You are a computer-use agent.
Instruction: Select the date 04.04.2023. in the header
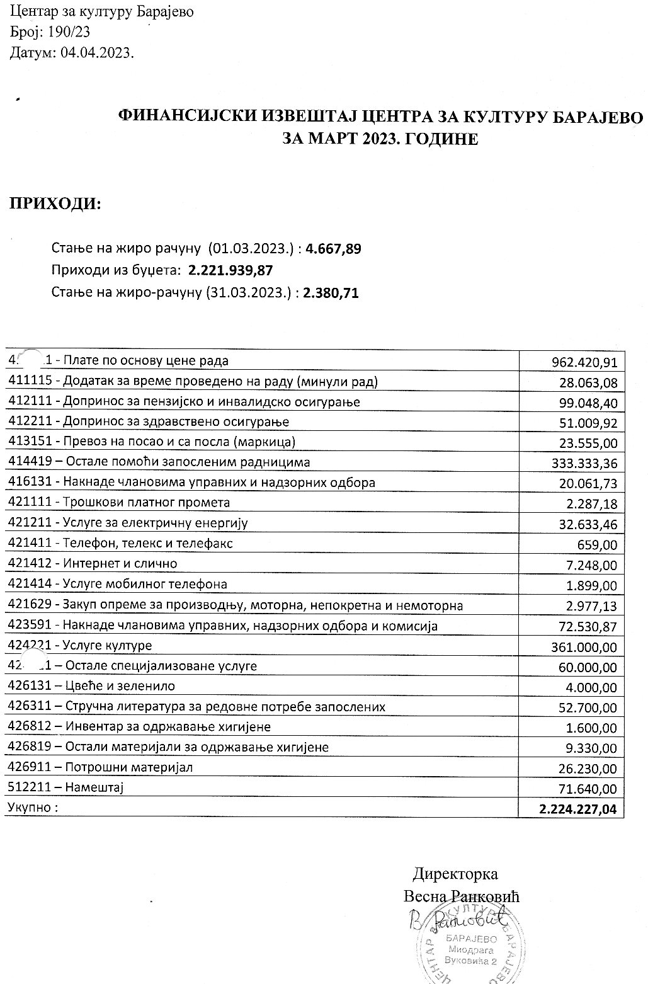tap(98, 54)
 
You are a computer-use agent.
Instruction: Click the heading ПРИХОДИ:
tap(54, 204)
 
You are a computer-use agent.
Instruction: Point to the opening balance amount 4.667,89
tap(333, 249)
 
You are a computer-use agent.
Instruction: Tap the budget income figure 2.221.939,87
tap(230, 270)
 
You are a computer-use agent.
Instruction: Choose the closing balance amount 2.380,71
tap(331, 292)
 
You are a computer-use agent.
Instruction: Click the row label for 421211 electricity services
tap(128, 523)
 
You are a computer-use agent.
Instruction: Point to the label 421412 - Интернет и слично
tap(93, 563)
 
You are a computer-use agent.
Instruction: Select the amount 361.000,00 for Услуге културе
tap(584, 647)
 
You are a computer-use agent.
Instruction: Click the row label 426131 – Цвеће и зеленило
tap(91, 686)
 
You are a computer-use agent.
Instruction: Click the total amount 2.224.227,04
tap(578, 809)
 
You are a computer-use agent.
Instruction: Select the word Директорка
tap(455, 874)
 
